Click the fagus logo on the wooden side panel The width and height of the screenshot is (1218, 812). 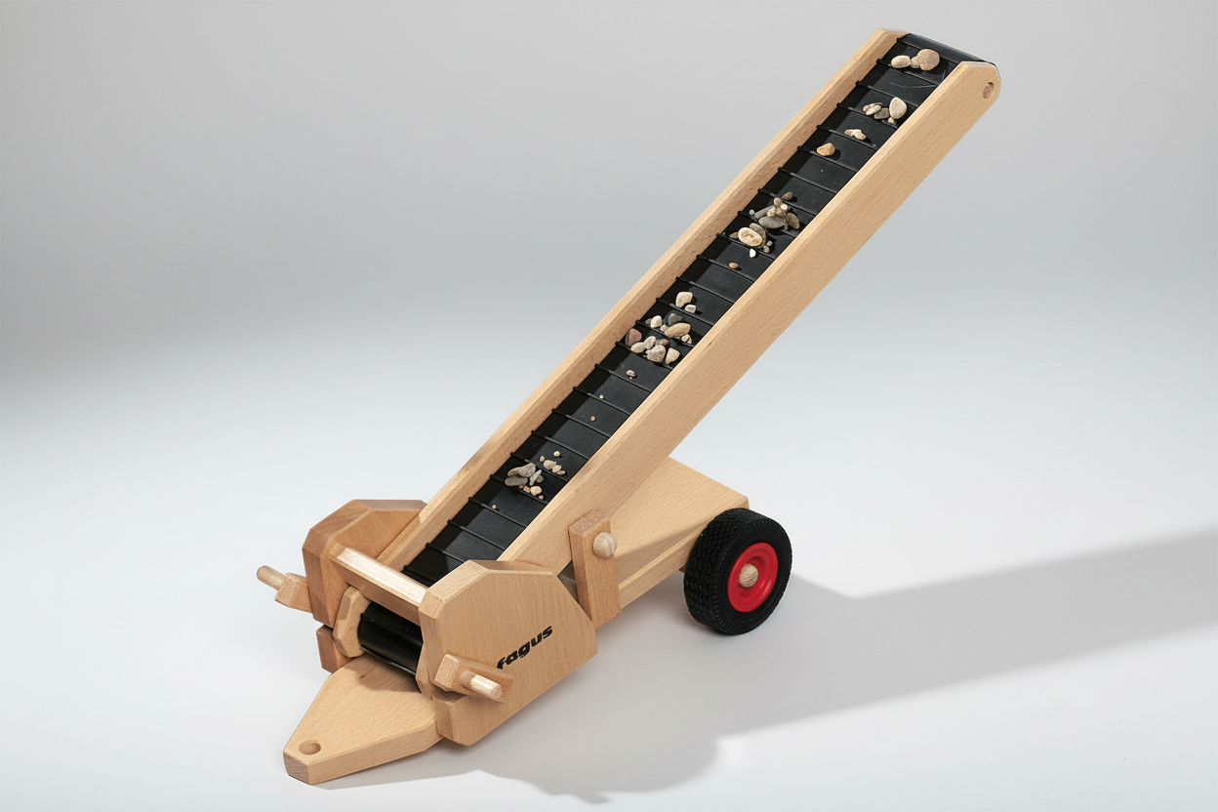[525, 646]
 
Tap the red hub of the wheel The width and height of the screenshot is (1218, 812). [752, 572]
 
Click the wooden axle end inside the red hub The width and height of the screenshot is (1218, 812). [751, 573]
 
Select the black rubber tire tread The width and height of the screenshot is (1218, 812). [737, 571]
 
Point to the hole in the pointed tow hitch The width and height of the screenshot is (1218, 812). [308, 748]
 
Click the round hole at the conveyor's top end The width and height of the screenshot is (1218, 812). [988, 91]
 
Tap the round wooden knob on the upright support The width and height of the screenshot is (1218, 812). [604, 544]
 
